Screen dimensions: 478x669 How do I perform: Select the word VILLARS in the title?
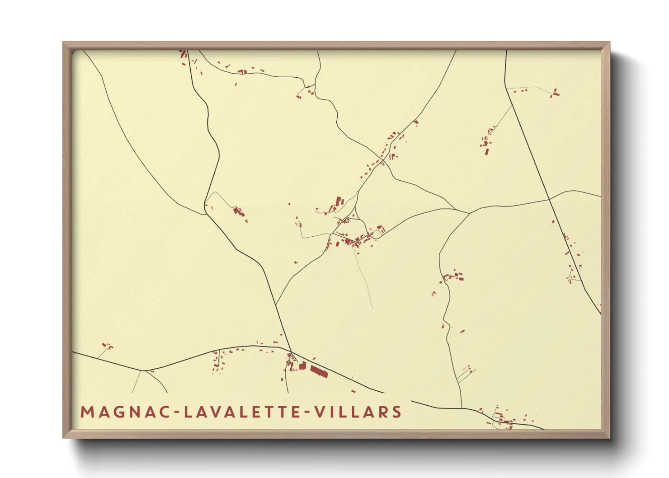358,412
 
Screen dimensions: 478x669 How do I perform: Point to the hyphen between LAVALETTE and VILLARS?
309,412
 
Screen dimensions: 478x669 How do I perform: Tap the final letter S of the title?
397,412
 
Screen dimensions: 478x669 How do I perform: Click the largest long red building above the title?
318,372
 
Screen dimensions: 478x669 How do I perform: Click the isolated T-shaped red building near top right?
555,93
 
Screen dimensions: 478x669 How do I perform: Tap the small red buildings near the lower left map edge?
107,346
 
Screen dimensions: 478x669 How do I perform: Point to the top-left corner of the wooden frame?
63,42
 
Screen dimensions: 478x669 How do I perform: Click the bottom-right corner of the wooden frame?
609,437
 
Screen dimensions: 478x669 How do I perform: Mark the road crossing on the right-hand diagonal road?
549,199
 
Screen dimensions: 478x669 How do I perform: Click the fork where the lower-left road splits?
141,370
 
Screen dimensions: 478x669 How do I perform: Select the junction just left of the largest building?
290,351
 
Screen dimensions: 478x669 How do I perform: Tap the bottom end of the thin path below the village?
372,309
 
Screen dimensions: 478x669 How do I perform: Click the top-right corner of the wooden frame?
609,42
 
